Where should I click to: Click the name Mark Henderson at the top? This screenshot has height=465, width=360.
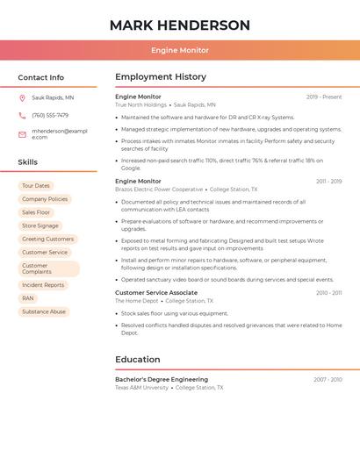click(x=180, y=25)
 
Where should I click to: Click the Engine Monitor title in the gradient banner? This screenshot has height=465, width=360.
click(x=180, y=51)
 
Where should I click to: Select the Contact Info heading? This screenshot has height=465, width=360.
click(x=41, y=77)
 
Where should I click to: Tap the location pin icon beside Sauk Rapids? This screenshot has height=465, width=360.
click(x=23, y=98)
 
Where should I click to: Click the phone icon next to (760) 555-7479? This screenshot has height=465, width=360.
click(x=23, y=116)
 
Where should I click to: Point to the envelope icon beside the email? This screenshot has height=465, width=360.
click(x=23, y=134)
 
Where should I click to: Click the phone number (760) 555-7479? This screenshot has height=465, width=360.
click(x=50, y=116)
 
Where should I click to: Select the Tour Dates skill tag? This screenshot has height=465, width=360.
click(x=36, y=186)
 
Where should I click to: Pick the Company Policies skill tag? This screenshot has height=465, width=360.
click(x=45, y=199)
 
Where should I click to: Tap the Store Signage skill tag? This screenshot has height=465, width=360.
click(x=40, y=225)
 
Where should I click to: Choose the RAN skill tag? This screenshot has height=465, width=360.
click(x=28, y=298)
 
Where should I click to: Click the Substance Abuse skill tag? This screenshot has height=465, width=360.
click(x=44, y=311)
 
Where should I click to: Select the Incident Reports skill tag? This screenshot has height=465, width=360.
click(x=43, y=285)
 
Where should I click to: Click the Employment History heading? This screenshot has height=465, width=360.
click(x=161, y=77)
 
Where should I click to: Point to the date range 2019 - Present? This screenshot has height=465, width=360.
click(x=324, y=97)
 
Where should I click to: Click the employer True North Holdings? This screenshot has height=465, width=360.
click(x=140, y=105)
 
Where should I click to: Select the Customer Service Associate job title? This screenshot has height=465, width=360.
click(x=156, y=293)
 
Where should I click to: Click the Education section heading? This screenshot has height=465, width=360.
click(x=139, y=359)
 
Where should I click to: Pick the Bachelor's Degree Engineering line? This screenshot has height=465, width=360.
click(x=162, y=380)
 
